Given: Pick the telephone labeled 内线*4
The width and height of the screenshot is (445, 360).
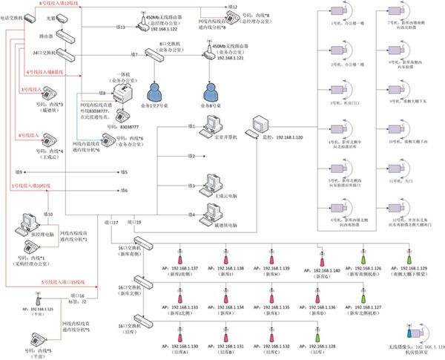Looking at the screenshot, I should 50,139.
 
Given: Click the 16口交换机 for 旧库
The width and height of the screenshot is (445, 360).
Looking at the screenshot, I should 140,318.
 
